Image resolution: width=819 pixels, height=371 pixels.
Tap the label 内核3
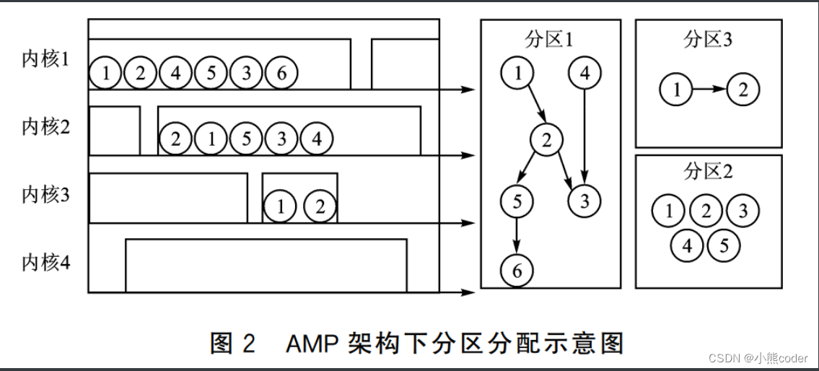tap(45, 195)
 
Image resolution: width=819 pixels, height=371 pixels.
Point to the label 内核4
tap(45, 262)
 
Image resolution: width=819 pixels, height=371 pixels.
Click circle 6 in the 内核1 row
tap(281, 73)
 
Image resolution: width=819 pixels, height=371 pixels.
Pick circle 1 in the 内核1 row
tap(106, 73)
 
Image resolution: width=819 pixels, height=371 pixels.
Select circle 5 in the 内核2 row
tap(247, 139)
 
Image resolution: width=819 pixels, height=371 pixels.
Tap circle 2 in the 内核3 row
tap(319, 207)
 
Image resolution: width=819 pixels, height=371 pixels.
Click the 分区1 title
tap(550, 40)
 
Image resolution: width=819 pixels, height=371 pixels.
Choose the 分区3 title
tap(708, 40)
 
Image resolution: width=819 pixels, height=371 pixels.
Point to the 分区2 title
tap(708, 172)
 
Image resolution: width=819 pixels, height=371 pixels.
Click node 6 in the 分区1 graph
tap(517, 271)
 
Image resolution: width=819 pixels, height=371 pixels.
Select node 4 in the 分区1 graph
tap(584, 73)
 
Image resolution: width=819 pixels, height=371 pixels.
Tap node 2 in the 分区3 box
tap(743, 90)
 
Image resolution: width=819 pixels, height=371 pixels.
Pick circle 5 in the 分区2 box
tap(724, 246)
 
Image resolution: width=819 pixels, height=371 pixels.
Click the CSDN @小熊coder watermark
tap(758, 358)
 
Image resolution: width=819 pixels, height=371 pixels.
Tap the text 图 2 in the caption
tap(232, 343)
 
